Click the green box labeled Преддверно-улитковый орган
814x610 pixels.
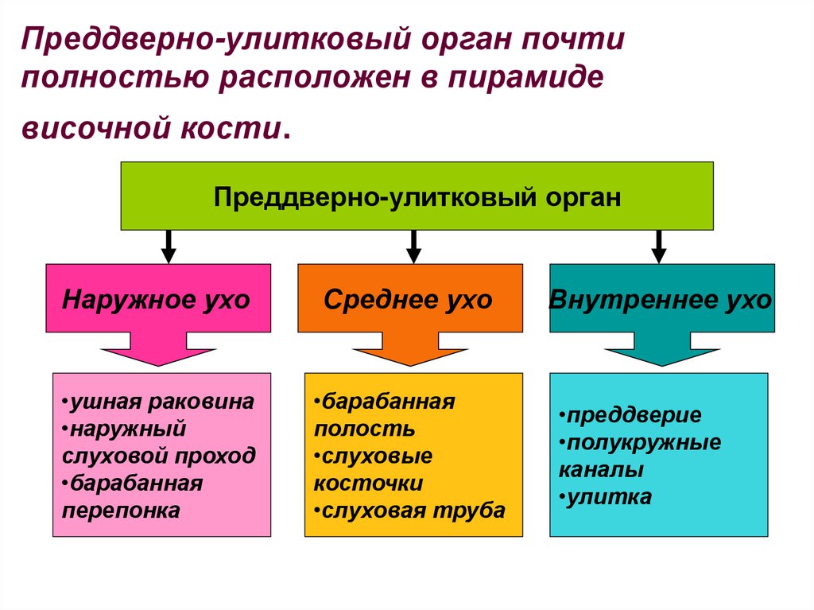(417, 196)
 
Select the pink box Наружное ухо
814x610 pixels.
(157, 298)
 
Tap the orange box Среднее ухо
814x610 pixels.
(409, 298)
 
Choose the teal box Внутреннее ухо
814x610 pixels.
(661, 299)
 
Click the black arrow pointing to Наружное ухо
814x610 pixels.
(168, 247)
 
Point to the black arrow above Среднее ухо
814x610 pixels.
(413, 247)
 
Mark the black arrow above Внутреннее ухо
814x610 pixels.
(658, 247)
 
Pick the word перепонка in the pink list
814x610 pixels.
(121, 510)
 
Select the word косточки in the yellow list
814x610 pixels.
(368, 483)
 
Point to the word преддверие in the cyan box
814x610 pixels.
(634, 416)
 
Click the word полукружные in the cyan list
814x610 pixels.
(643, 443)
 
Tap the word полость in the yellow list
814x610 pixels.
(364, 429)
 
